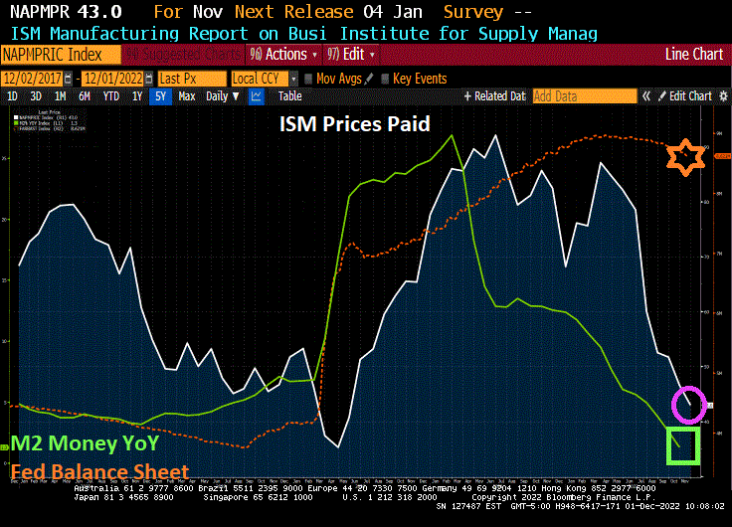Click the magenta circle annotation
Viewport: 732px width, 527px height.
coord(687,405)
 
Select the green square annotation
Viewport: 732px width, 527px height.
coord(683,444)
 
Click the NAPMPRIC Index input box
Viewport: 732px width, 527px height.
coord(61,54)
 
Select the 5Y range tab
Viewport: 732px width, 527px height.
coord(160,96)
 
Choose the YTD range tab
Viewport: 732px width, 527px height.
coord(110,96)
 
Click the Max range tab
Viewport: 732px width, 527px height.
coord(187,96)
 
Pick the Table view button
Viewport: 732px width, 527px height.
coord(289,96)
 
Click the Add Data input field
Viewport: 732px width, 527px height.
coord(584,96)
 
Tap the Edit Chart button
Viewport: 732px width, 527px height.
coord(685,96)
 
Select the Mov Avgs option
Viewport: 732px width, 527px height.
coord(334,78)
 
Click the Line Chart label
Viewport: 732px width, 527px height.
coord(694,54)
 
